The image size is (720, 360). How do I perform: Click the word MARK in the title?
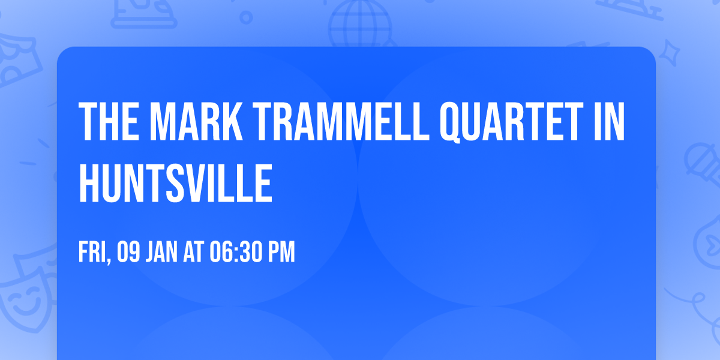click(190, 122)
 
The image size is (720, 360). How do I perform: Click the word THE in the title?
click(108, 122)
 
